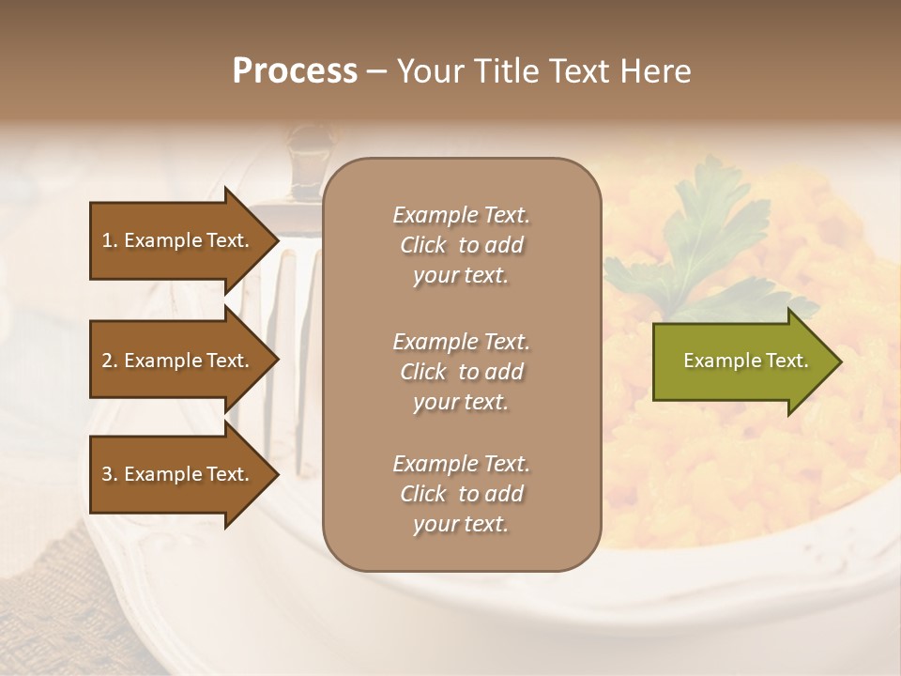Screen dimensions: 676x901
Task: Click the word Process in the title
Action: tap(295, 71)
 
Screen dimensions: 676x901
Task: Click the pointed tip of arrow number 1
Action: tap(277, 240)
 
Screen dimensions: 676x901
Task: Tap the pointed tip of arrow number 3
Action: tap(277, 474)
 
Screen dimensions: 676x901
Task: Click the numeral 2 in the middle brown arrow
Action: tap(107, 361)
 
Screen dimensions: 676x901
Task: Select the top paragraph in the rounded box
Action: tap(461, 245)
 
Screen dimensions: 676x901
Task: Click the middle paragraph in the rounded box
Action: tap(461, 372)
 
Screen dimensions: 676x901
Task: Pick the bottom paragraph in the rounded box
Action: tap(461, 494)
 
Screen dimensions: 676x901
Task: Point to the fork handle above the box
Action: tap(310, 150)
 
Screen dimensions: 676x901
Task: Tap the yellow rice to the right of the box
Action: tap(713, 469)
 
